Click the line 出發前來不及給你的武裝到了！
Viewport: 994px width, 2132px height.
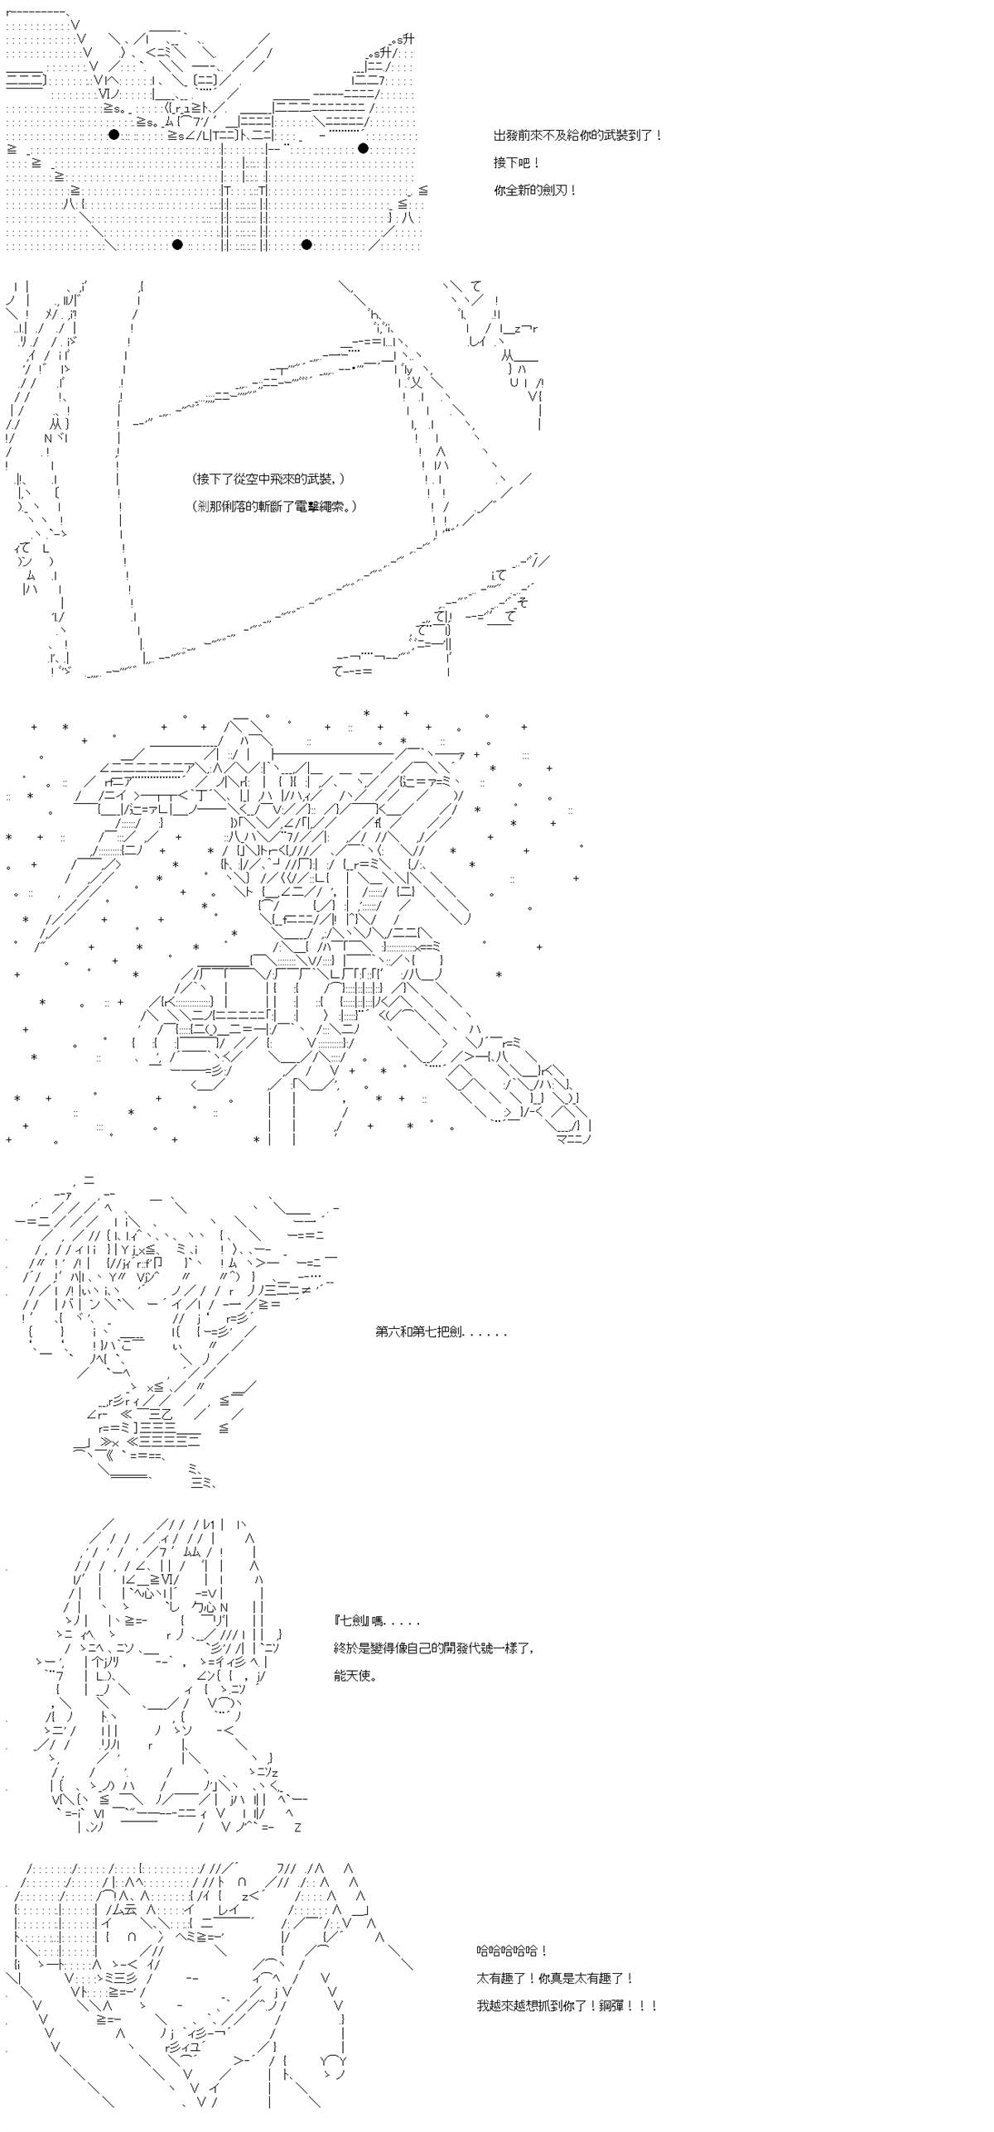pyautogui.click(x=578, y=136)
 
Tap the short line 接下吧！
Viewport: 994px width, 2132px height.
pyautogui.click(x=518, y=163)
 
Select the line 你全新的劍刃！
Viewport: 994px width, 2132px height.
pyautogui.click(x=535, y=190)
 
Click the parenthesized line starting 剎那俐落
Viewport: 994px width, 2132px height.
pyautogui.click(x=273, y=506)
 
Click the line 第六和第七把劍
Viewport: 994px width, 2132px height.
pyautogui.click(x=441, y=1332)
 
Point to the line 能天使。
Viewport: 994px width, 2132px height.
pyautogui.click(x=356, y=1676)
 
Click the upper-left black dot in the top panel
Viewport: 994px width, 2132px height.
pyautogui.click(x=113, y=135)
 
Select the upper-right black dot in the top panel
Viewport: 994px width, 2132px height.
pyautogui.click(x=363, y=148)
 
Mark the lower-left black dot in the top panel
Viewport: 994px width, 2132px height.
pyautogui.click(x=176, y=244)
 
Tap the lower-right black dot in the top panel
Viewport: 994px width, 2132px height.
pyautogui.click(x=306, y=244)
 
